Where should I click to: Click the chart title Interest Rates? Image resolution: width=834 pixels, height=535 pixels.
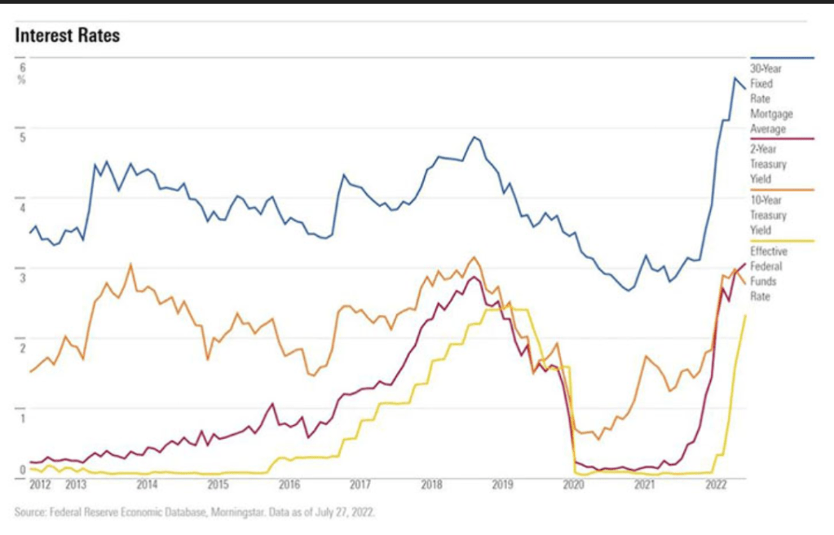(x=68, y=36)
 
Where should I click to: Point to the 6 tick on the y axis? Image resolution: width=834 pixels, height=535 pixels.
(x=23, y=68)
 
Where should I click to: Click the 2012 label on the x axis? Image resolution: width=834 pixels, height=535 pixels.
(x=40, y=485)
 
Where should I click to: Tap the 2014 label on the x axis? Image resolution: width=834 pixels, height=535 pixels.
(x=147, y=485)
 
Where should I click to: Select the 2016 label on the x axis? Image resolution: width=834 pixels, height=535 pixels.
(x=289, y=485)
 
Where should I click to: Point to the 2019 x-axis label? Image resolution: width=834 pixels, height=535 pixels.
(x=502, y=485)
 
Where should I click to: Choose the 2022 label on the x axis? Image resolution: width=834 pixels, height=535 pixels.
(x=716, y=485)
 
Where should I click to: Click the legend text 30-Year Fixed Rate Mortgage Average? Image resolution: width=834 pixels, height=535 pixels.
(x=770, y=99)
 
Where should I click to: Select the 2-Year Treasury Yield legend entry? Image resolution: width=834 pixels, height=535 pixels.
(x=766, y=164)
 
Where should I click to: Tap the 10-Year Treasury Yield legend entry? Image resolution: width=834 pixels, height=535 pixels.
(x=767, y=215)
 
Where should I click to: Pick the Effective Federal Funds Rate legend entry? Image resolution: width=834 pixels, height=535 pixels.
(x=767, y=274)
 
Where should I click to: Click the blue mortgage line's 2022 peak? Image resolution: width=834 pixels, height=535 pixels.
(x=735, y=78)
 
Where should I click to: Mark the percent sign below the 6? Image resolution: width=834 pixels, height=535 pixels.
(x=23, y=80)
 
